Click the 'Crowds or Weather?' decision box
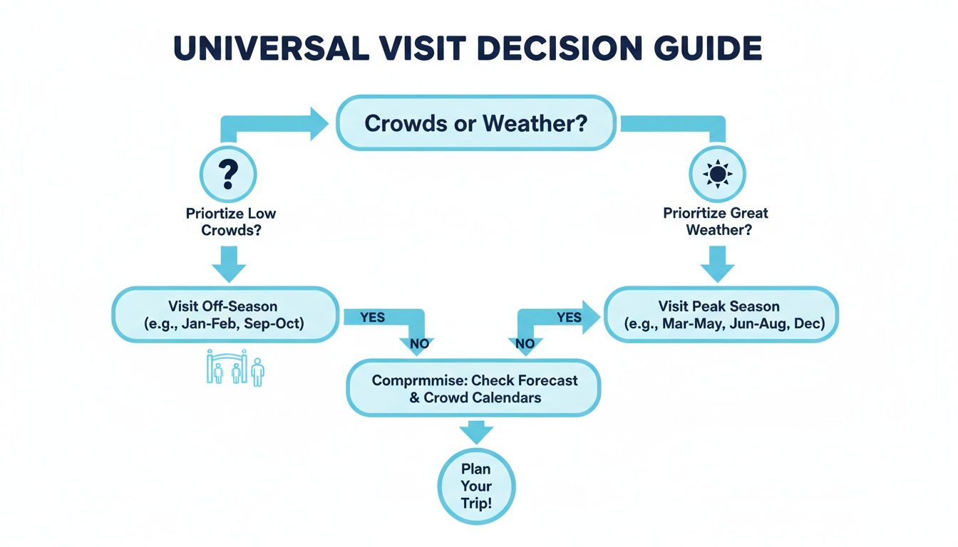tap(475, 124)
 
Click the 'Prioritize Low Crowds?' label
tap(230, 222)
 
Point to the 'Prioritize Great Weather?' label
tap(716, 222)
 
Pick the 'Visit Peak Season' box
tap(721, 314)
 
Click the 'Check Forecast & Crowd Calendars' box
tap(475, 389)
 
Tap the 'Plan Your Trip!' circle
tap(475, 486)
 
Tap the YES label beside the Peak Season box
tap(569, 317)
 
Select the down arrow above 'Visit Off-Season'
tap(230, 265)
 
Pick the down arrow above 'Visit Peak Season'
tap(717, 265)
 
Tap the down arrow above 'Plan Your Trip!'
tap(475, 432)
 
